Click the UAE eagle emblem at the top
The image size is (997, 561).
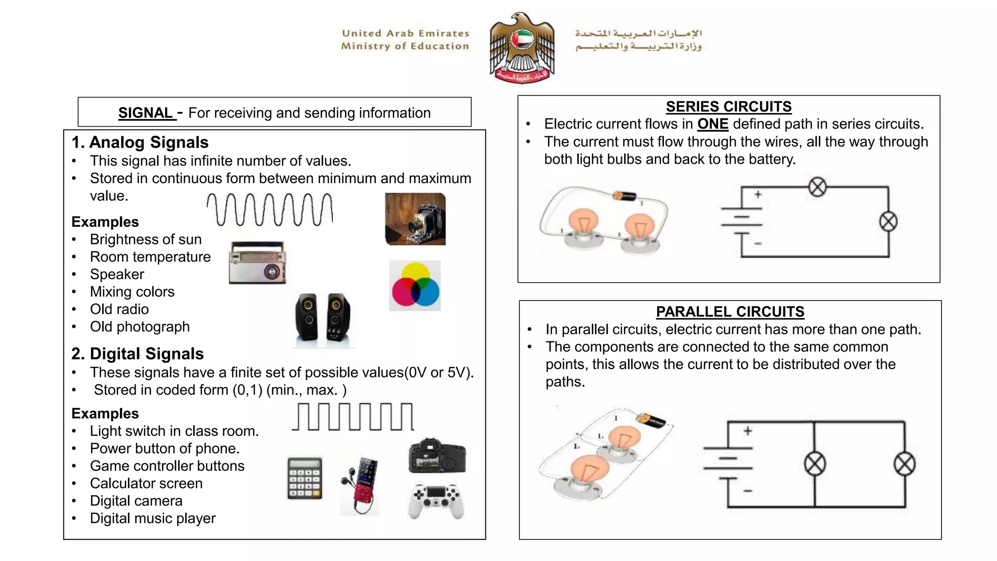522,48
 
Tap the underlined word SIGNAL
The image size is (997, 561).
145,113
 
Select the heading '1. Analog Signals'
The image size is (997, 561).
140,142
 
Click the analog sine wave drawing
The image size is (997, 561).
270,209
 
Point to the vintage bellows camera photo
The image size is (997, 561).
415,219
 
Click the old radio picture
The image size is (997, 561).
258,262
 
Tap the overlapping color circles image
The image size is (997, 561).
415,286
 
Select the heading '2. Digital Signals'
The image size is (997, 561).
137,354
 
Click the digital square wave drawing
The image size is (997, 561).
353,417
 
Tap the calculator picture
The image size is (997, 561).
304,478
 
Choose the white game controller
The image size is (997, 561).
436,500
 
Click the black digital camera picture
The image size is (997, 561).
437,456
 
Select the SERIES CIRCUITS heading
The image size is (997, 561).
728,107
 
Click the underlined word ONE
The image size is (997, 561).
713,124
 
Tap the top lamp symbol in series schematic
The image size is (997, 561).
817,187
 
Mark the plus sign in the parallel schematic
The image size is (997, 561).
748,431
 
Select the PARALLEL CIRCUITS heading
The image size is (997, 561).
730,312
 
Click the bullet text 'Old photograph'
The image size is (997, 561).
140,327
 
